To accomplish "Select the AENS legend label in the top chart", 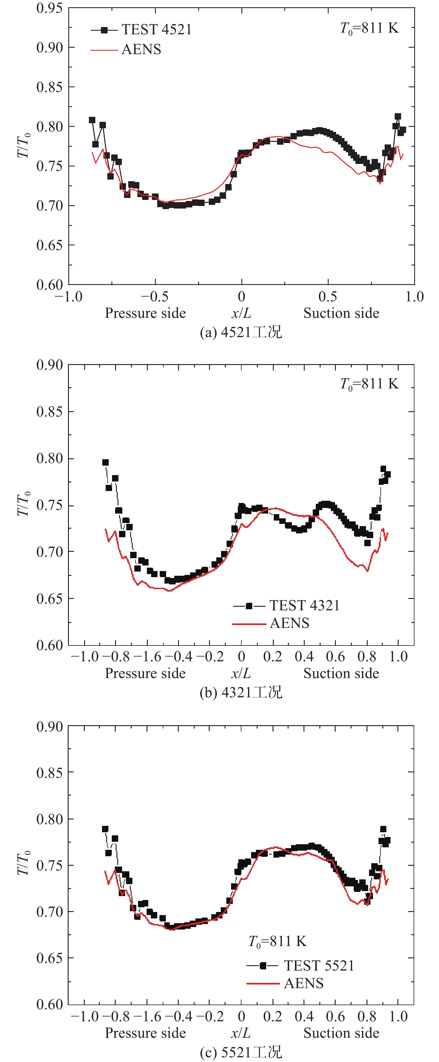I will tap(141, 49).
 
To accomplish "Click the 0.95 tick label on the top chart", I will tap(49, 8).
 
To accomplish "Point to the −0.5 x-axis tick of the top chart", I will tap(155, 296).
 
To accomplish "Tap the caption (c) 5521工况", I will tap(241, 1052).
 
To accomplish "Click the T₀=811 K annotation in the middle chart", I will tap(369, 384).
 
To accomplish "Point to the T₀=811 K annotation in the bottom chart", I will tap(277, 942).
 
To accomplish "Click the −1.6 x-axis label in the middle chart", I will tap(147, 656).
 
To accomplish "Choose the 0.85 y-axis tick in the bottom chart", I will tap(49, 772).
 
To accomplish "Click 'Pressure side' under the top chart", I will tap(145, 313).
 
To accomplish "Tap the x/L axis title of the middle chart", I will tap(241, 673).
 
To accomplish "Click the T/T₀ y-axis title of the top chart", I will tap(23, 145).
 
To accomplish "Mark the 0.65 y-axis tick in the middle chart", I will tap(49, 599).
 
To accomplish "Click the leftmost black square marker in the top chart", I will tap(92, 120).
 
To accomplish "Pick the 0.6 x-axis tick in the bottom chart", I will tap(335, 1017).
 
